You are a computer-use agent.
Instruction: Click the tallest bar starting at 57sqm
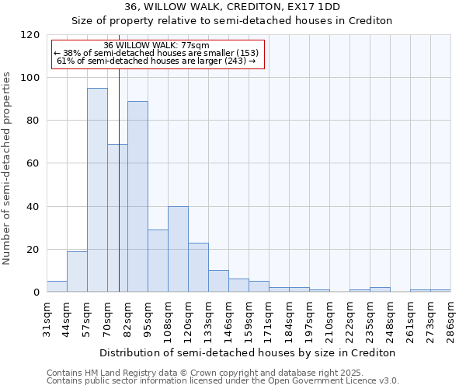pyautogui.click(x=97, y=190)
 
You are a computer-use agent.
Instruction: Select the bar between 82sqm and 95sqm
pyautogui.click(x=137, y=197)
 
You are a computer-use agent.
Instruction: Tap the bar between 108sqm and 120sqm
pyautogui.click(x=178, y=249)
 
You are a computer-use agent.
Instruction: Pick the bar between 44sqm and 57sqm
pyautogui.click(x=77, y=272)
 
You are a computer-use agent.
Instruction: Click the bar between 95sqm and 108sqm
pyautogui.click(x=158, y=261)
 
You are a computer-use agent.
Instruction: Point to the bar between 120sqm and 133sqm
pyautogui.click(x=198, y=268)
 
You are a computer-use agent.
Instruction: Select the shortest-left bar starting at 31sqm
pyautogui.click(x=57, y=286)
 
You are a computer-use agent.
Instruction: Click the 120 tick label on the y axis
pyautogui.click(x=30, y=35)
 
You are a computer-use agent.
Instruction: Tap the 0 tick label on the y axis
pyautogui.click(x=37, y=293)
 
